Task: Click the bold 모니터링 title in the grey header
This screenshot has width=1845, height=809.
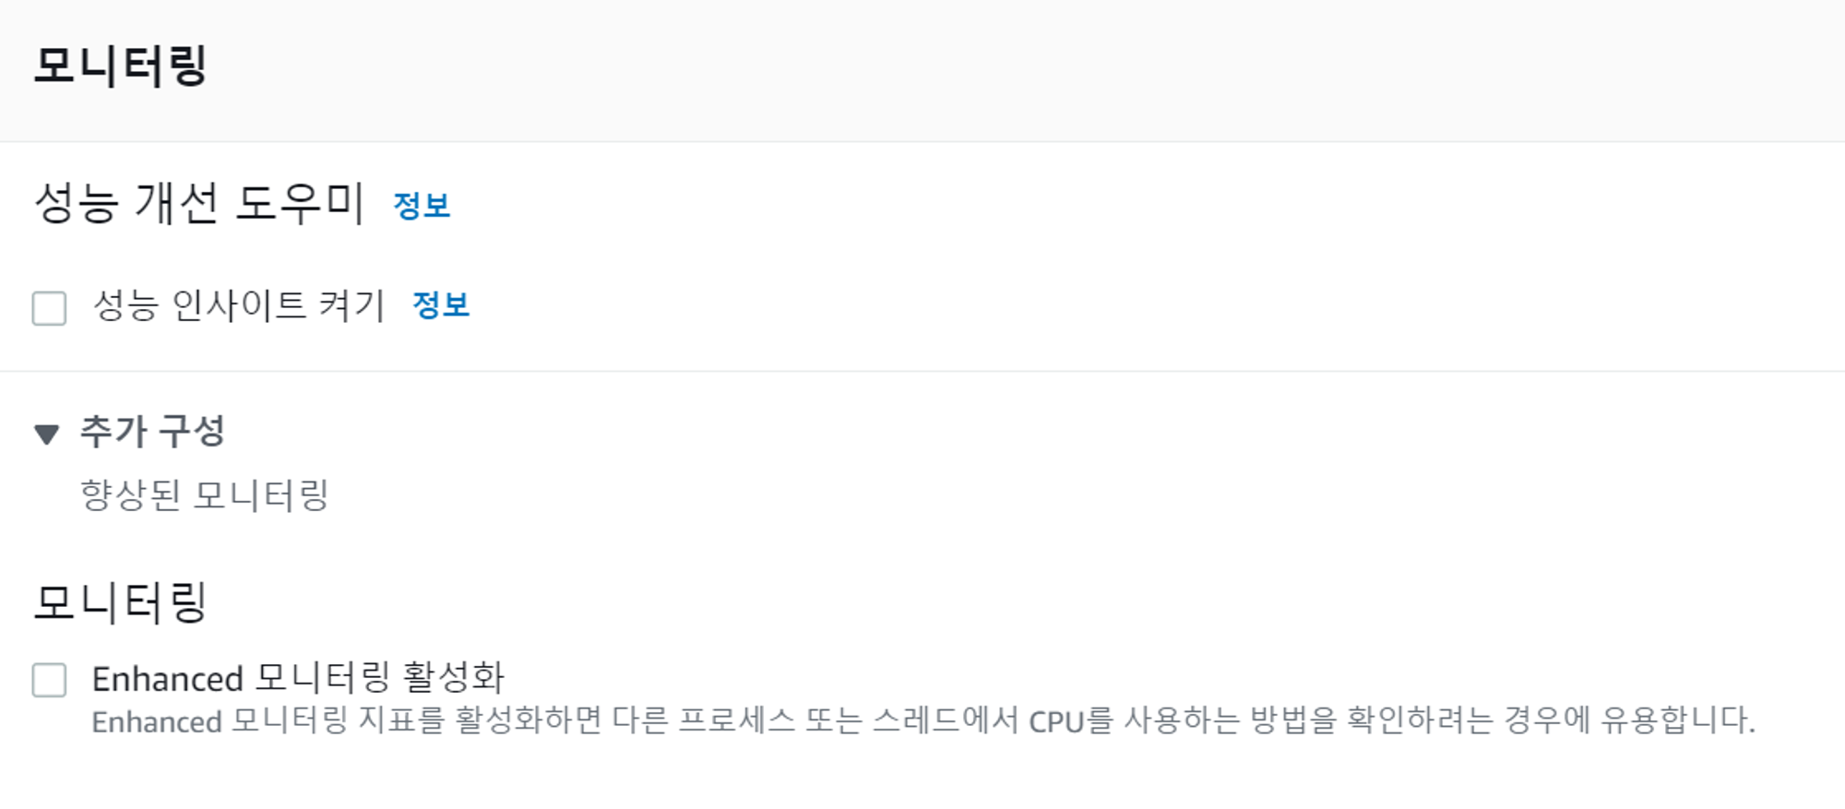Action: pyautogui.click(x=120, y=65)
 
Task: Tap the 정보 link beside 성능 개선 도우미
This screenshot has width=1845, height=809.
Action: pyautogui.click(x=422, y=205)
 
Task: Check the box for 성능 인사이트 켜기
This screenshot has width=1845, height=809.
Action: pyautogui.click(x=49, y=308)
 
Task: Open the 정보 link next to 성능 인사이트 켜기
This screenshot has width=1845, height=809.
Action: pyautogui.click(x=441, y=304)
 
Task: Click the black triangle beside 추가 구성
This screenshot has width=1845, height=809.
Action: pyautogui.click(x=46, y=434)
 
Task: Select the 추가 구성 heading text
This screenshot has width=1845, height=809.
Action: pyautogui.click(x=152, y=431)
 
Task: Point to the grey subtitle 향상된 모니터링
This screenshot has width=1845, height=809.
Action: pyautogui.click(x=205, y=495)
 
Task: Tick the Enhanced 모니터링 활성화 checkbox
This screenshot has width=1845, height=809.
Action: pyautogui.click(x=49, y=680)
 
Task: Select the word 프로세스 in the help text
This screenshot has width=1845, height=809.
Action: pyautogui.click(x=736, y=720)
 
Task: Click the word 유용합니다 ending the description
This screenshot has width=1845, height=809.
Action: pyautogui.click(x=1677, y=720)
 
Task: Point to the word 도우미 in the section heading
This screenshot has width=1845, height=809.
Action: pyautogui.click(x=300, y=203)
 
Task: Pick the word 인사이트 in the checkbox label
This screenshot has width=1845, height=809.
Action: pyautogui.click(x=239, y=305)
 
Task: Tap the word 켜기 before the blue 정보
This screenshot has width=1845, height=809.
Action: pyautogui.click(x=351, y=305)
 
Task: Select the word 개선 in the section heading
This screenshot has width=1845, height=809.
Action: pyautogui.click(x=176, y=203)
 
